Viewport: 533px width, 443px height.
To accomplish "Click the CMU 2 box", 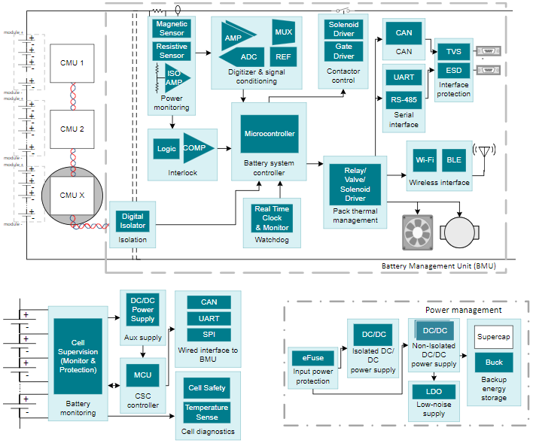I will coord(72,129).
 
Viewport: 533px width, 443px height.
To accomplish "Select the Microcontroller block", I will coord(270,134).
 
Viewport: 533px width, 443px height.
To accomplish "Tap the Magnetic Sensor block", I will coord(172,29).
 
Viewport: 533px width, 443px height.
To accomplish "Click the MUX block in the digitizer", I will coord(283,32).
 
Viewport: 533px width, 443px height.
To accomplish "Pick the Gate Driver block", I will coord(343,51).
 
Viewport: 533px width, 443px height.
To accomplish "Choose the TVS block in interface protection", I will coord(453,51).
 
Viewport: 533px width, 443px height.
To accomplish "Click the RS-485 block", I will coord(404,99).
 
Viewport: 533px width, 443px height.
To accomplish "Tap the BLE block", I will coord(454,160).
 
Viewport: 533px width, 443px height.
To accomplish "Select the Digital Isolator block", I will coord(132,221).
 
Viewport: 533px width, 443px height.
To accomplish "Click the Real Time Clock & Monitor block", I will coord(272,218).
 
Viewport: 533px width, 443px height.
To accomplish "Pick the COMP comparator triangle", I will coord(196,148).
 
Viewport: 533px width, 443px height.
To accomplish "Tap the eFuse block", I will coord(312,358).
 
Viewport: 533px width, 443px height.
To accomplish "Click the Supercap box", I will coord(494,336).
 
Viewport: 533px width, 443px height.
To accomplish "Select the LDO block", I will coord(433,392).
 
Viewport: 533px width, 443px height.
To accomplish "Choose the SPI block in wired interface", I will coord(209,335).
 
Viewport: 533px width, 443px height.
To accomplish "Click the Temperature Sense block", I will coord(206,412).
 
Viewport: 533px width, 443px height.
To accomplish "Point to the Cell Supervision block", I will coord(78,357).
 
